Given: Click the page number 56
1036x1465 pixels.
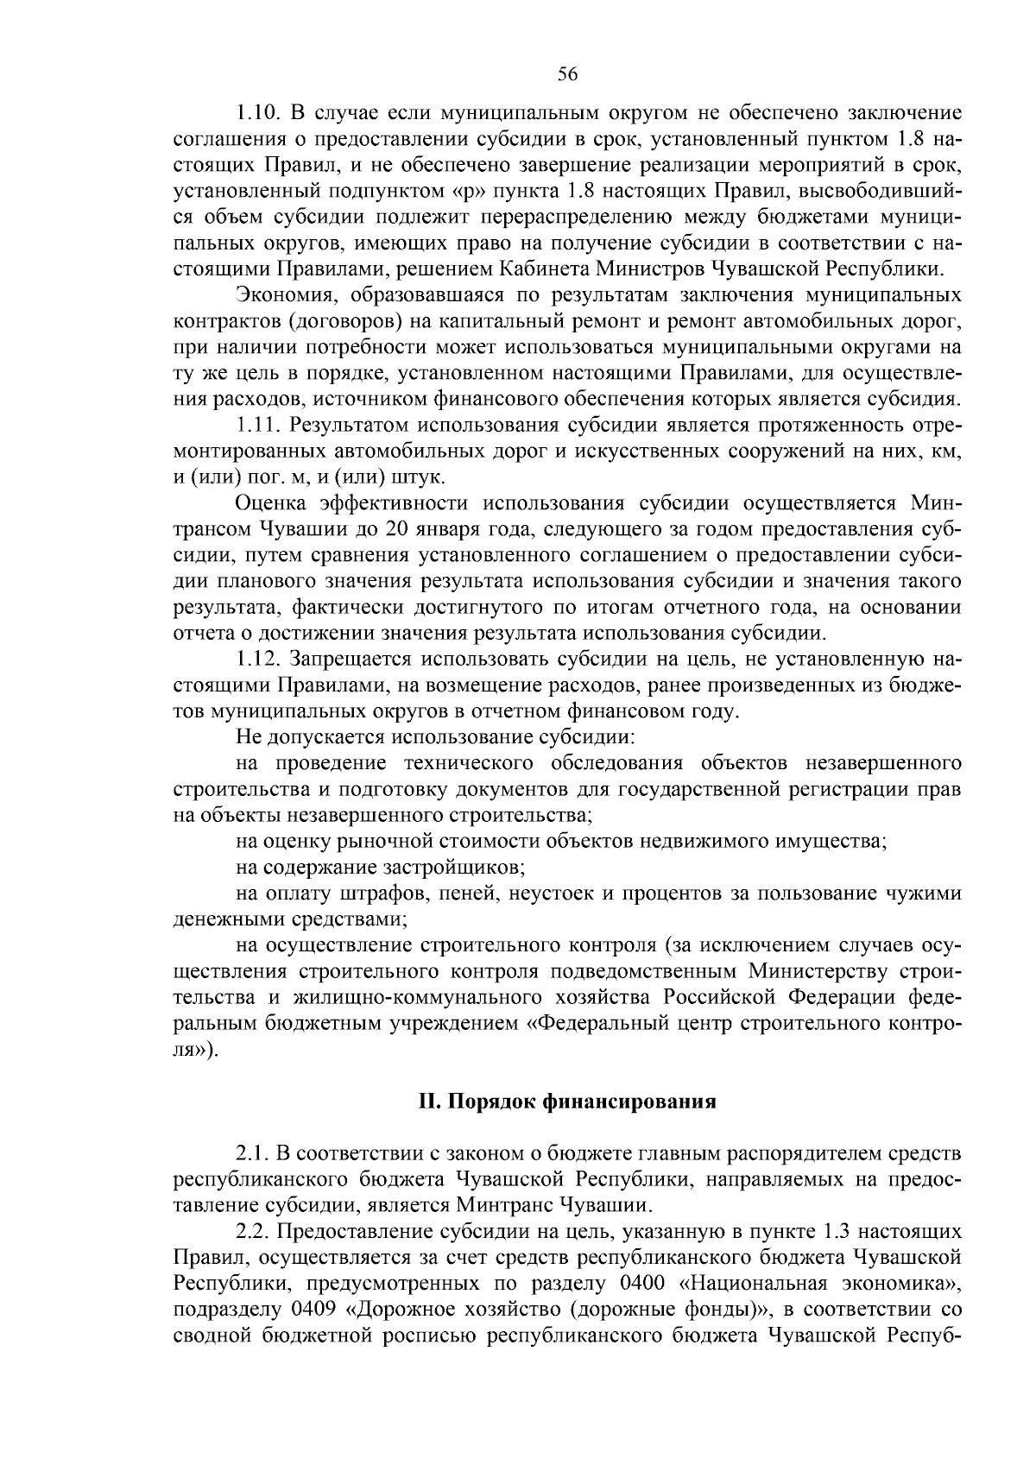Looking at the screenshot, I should click(567, 74).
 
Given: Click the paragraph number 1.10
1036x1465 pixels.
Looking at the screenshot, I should click(256, 113).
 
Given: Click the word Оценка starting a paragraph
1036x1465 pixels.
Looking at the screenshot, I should click(267, 504).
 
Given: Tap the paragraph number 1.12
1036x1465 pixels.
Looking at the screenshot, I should click(256, 660).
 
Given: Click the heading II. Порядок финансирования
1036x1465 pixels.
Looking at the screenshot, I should click(567, 1102).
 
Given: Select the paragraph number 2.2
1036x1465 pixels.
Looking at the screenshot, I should click(250, 1231).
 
